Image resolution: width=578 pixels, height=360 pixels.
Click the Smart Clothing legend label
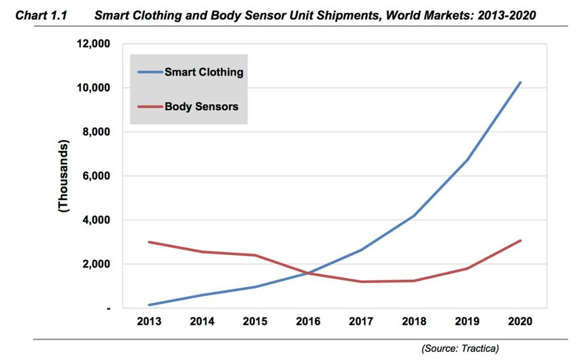click(x=204, y=71)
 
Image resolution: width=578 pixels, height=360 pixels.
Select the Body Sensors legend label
click(x=201, y=107)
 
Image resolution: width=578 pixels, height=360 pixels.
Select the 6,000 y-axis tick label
click(x=94, y=176)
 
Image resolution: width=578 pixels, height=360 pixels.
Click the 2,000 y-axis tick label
click(x=94, y=264)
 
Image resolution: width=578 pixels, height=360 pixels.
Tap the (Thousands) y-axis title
click(x=64, y=176)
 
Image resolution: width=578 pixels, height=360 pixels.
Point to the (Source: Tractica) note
click(x=460, y=348)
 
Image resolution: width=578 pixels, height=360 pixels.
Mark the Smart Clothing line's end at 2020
click(x=521, y=82)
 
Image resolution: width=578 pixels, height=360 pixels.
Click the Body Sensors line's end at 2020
click(x=521, y=240)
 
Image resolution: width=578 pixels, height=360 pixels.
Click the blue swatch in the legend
click(x=150, y=71)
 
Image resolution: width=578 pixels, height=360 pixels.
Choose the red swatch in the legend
click(x=150, y=107)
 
